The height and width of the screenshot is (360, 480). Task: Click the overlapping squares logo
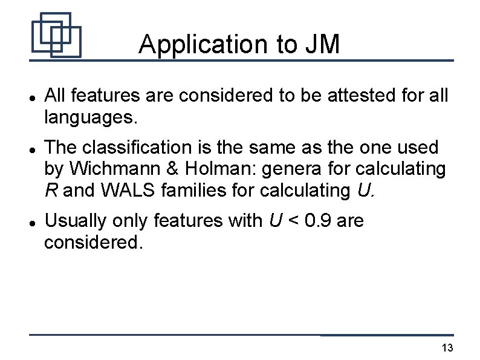click(56, 35)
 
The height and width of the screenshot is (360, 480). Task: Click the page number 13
click(447, 348)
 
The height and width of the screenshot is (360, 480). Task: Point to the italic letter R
click(51, 191)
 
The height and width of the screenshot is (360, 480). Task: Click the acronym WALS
click(124, 191)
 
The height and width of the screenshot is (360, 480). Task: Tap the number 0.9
click(318, 221)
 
